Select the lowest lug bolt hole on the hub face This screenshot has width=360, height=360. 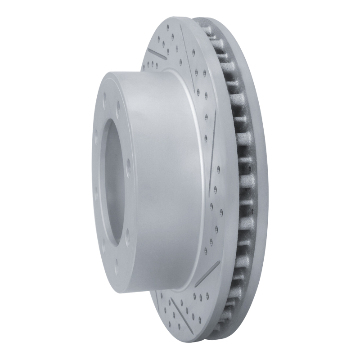coord(116,270)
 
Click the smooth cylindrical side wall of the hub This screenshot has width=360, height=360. coord(166,180)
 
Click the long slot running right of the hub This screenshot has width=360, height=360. coord(211,130)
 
